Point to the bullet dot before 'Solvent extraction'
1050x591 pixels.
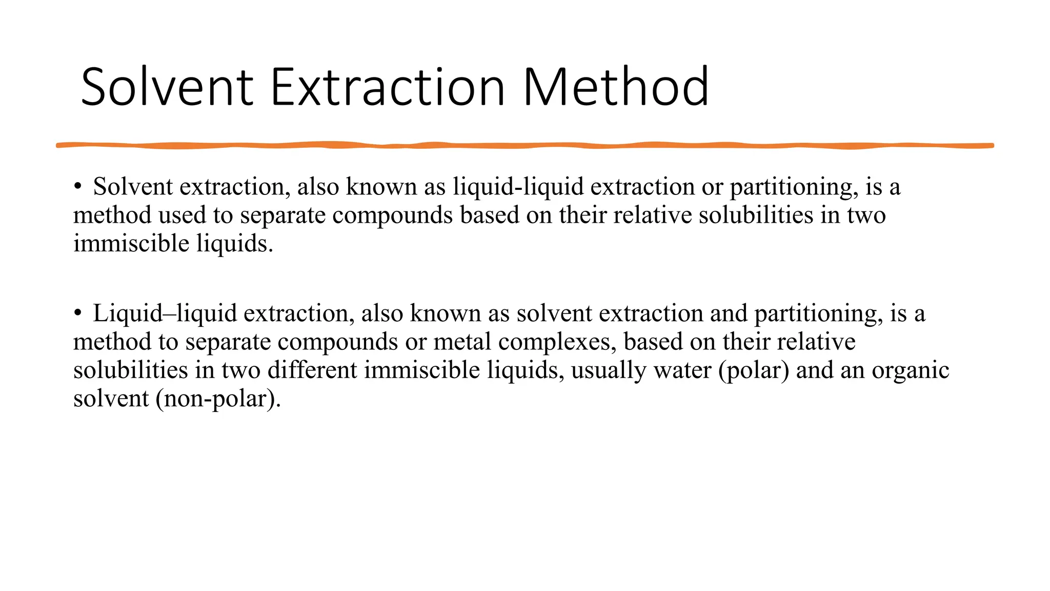point(77,187)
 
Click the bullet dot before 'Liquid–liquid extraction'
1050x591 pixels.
point(77,313)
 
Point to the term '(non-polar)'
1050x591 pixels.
point(218,399)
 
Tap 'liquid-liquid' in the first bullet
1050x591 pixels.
point(518,187)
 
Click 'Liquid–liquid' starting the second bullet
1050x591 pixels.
point(165,313)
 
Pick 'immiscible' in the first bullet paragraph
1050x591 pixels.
point(131,243)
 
